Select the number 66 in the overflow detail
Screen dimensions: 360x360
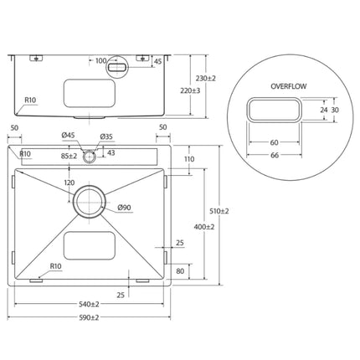point(274,156)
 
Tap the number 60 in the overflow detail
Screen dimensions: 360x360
point(274,142)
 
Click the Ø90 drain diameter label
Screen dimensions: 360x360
point(125,208)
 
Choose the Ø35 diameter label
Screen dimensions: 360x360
point(106,136)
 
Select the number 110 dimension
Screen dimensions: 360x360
point(189,159)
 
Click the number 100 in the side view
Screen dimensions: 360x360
point(100,61)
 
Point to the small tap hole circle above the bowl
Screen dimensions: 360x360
point(88,155)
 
